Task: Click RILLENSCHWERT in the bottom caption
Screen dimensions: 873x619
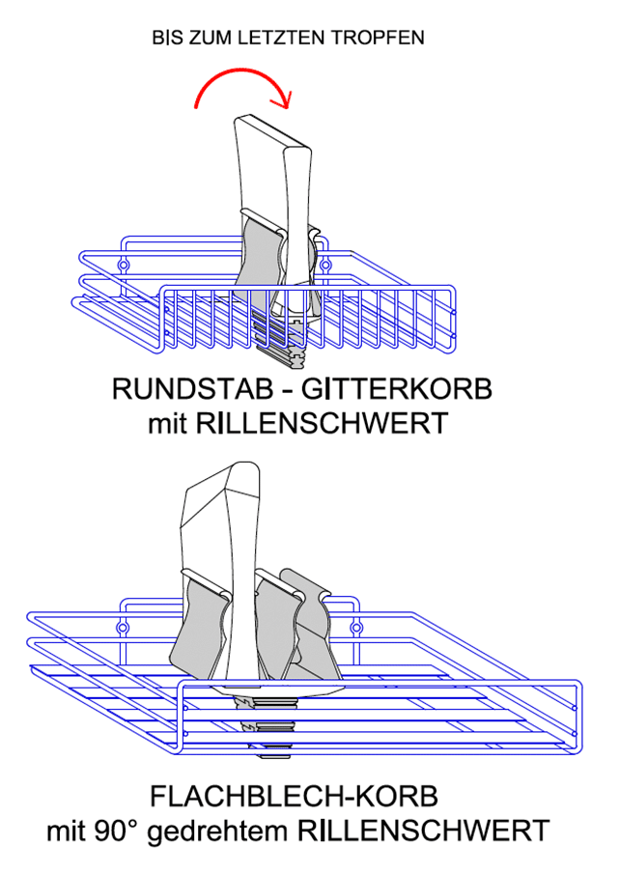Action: (423, 830)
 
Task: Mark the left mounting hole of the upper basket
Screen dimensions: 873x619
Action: (124, 263)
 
